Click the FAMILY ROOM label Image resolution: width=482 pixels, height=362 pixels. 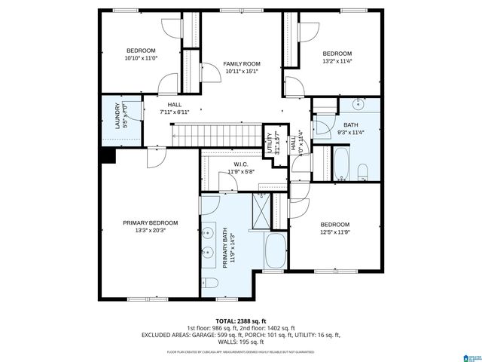click(x=241, y=63)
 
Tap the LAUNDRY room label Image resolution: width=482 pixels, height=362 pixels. click(x=117, y=116)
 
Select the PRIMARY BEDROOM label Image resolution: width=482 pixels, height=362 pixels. click(x=151, y=223)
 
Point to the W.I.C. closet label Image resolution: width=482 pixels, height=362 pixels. click(x=241, y=164)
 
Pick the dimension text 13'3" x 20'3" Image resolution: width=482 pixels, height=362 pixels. click(x=151, y=232)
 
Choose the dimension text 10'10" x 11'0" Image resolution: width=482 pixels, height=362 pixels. click(x=140, y=58)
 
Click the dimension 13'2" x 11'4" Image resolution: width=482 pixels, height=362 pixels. click(x=337, y=62)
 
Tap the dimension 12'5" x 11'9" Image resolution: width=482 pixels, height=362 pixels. click(x=335, y=233)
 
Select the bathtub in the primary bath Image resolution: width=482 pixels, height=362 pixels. click(x=276, y=250)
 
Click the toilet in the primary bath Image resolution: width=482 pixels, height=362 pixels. click(x=211, y=284)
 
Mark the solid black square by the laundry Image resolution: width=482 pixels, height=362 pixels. click(x=108, y=155)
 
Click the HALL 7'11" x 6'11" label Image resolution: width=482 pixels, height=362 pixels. click(x=174, y=108)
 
